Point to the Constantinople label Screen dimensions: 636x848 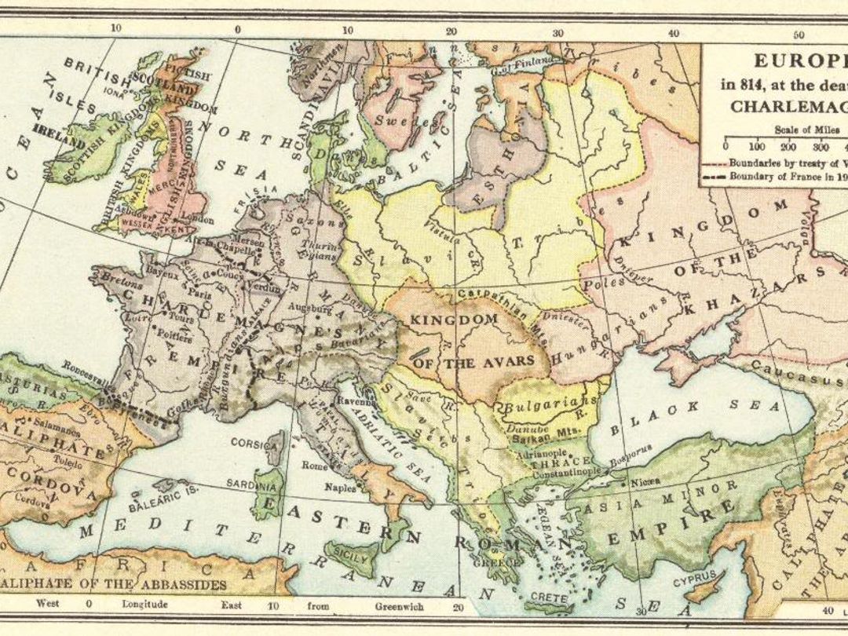566,472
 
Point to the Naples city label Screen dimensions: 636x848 340,487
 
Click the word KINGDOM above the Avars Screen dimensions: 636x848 455,320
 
